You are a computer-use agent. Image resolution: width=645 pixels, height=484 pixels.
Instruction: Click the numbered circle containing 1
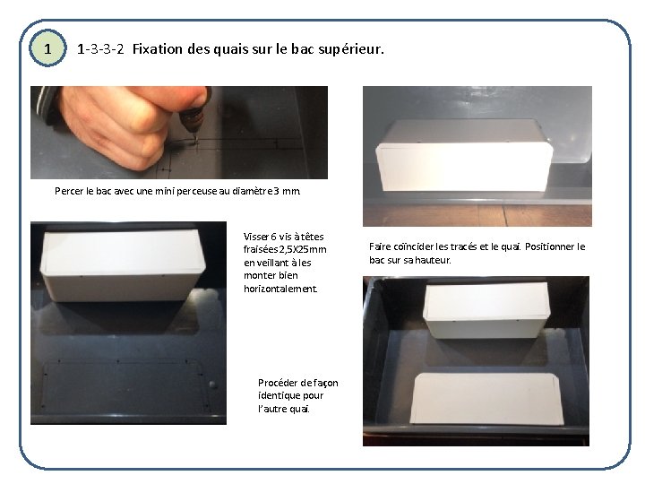(47, 48)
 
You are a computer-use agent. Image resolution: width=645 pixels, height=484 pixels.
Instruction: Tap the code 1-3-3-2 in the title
(100, 49)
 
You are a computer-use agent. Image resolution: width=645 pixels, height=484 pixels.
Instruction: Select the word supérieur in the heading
(350, 49)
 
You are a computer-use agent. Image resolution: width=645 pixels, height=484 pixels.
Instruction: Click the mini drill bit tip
(195, 142)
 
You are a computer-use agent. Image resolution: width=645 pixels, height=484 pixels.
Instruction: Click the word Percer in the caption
(69, 191)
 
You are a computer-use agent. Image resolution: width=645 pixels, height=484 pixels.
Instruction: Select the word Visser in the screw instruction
(256, 237)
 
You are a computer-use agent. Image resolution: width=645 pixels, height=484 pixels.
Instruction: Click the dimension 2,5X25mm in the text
(303, 249)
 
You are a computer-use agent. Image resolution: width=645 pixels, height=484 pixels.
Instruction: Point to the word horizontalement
(280, 289)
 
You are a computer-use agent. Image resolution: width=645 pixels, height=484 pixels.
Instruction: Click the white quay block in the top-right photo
(464, 156)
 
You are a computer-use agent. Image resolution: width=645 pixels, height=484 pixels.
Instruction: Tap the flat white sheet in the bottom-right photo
(486, 398)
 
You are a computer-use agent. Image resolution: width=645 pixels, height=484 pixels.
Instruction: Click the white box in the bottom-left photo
(122, 264)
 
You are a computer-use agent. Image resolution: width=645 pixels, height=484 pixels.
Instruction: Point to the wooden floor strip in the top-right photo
(477, 215)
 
